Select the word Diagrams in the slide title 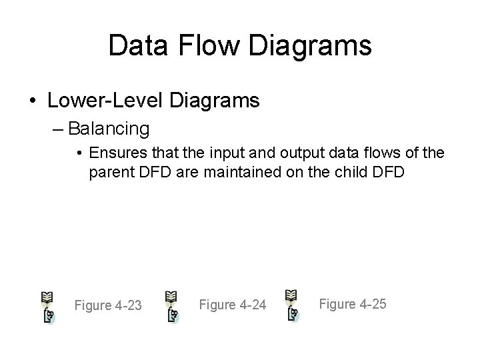coord(315,45)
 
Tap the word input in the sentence coord(234,155)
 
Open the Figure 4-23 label coord(108,305)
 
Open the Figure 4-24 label coord(233,305)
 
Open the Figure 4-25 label coord(353,304)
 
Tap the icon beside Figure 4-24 coord(171,306)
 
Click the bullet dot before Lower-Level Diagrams coord(33,101)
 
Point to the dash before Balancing coord(59,127)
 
